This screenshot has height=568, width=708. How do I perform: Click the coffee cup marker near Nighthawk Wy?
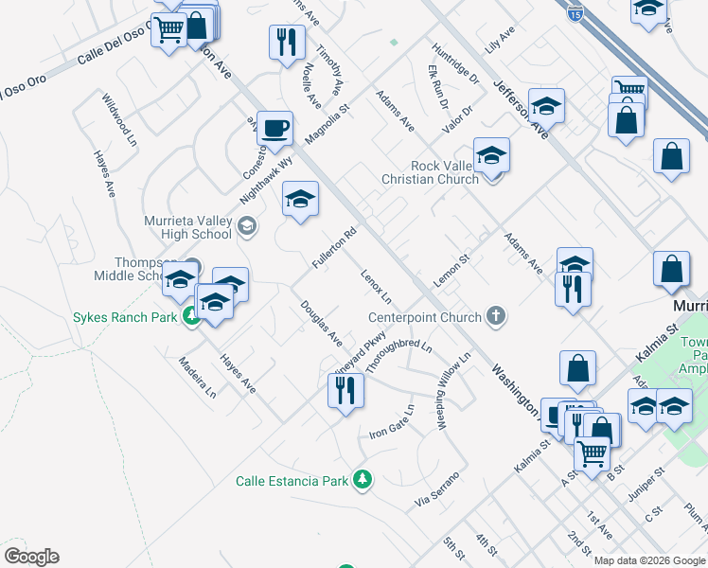coord(274,129)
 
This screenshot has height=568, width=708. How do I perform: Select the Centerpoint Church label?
coord(425,317)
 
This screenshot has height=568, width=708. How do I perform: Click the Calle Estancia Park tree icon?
coord(361,481)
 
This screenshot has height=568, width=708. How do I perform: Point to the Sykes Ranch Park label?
coord(125,317)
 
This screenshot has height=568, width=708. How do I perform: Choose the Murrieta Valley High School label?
coord(187,227)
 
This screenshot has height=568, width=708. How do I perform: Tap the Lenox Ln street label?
coord(376,288)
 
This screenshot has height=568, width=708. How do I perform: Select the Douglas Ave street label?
coord(321,323)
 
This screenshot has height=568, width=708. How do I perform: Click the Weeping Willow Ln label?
coord(453,391)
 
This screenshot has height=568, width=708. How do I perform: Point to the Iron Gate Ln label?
coord(392,422)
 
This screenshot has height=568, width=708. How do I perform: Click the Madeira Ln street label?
coord(198,378)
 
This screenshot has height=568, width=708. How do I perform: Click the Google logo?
coord(31,556)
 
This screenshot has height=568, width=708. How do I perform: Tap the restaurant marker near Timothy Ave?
coord(287,42)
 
